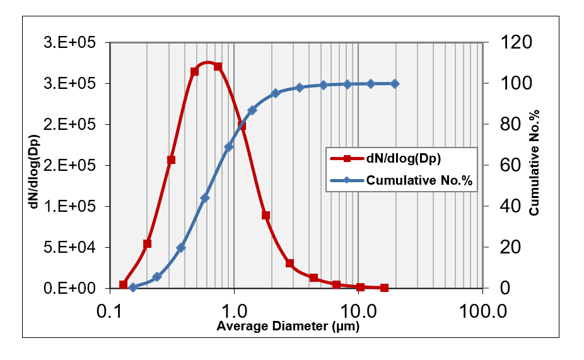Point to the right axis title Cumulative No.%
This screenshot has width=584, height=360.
[x=534, y=166]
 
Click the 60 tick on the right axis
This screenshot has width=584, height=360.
[x=508, y=166]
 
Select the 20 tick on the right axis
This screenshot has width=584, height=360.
[x=508, y=248]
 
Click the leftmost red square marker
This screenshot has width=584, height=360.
[x=124, y=285]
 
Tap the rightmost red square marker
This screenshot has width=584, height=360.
[x=384, y=288]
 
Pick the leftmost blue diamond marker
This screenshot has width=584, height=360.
[x=133, y=287]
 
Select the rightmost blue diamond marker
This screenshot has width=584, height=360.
[x=395, y=83]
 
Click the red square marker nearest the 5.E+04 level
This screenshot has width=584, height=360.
[x=148, y=244]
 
